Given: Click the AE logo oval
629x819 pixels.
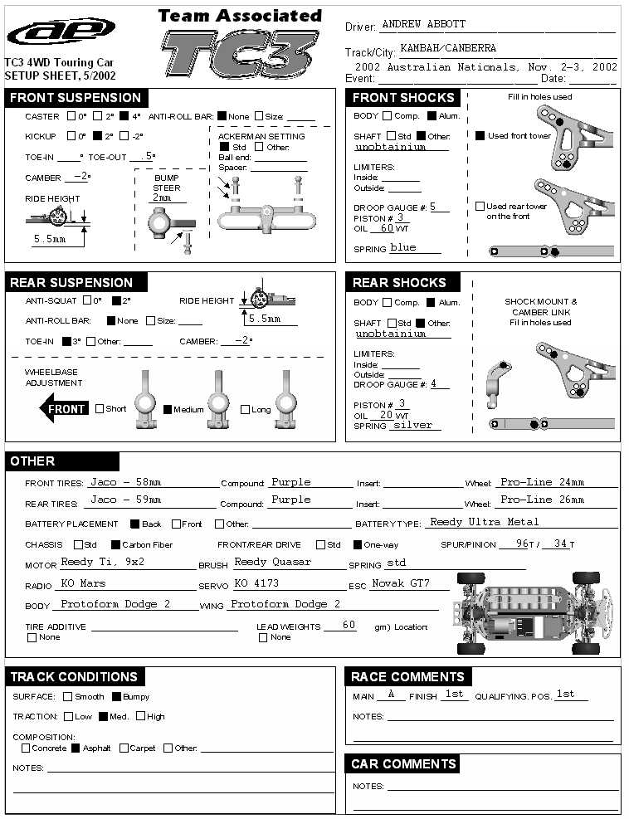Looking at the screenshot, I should pyautogui.click(x=61, y=33).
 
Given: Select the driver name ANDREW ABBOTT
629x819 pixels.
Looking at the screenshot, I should pyautogui.click(x=423, y=25).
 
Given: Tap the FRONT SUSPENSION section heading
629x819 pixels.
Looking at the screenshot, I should pyautogui.click(x=76, y=98).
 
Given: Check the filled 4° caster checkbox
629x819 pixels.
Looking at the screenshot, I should pyautogui.click(x=124, y=116).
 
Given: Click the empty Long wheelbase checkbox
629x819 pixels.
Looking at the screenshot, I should pyautogui.click(x=245, y=409).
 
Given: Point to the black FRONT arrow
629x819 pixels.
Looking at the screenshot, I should pyautogui.click(x=64, y=409).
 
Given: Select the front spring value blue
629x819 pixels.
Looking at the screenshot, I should pyautogui.click(x=403, y=247).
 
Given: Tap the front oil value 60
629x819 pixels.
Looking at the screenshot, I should pyautogui.click(x=387, y=228).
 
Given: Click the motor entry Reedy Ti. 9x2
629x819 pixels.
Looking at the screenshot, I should pyautogui.click(x=103, y=562).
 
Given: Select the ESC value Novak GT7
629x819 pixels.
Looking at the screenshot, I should pyautogui.click(x=400, y=583).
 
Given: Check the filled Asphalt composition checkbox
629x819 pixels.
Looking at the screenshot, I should pyautogui.click(x=76, y=748).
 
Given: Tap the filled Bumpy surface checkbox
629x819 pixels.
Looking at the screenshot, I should pyautogui.click(x=116, y=697).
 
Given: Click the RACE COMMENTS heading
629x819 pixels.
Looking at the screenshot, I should pyautogui.click(x=407, y=677).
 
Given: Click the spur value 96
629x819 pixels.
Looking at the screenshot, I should pyautogui.click(x=523, y=544).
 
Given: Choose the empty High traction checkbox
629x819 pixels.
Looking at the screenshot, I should pyautogui.click(x=140, y=716).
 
